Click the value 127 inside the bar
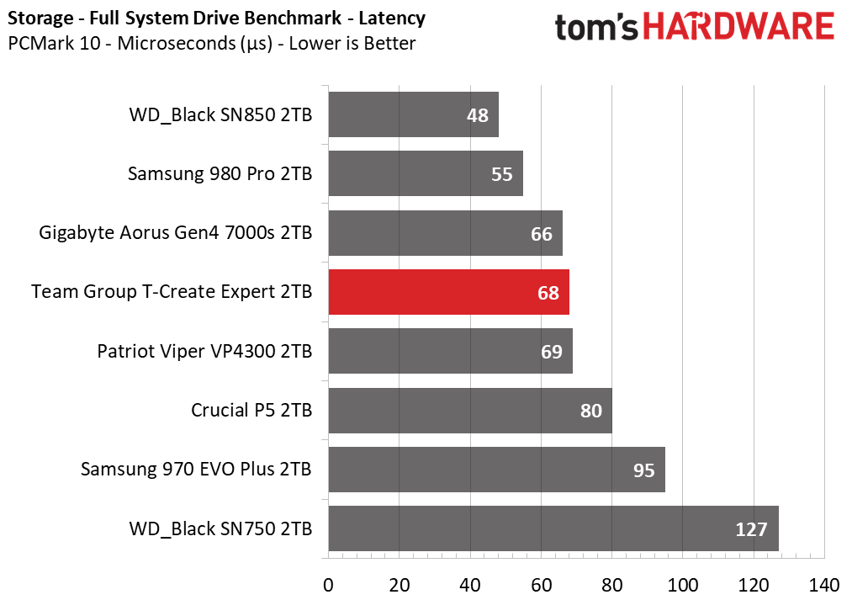pyautogui.click(x=751, y=529)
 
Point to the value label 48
pyautogui.click(x=478, y=115)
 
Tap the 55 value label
pyautogui.click(x=502, y=174)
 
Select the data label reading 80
pyautogui.click(x=591, y=411)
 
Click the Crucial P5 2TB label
pyautogui.click(x=251, y=411)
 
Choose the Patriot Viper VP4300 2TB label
pyautogui.click(x=204, y=351)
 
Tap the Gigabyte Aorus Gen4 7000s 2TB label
pyautogui.click(x=176, y=232)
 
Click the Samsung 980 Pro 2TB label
pyautogui.click(x=220, y=173)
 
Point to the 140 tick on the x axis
pyautogui.click(x=824, y=584)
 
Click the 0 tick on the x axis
pyautogui.click(x=328, y=584)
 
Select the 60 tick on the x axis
pyautogui.click(x=541, y=584)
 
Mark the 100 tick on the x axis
pyautogui.click(x=683, y=584)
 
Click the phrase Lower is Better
pyautogui.click(x=352, y=43)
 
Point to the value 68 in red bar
pyautogui.click(x=548, y=293)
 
